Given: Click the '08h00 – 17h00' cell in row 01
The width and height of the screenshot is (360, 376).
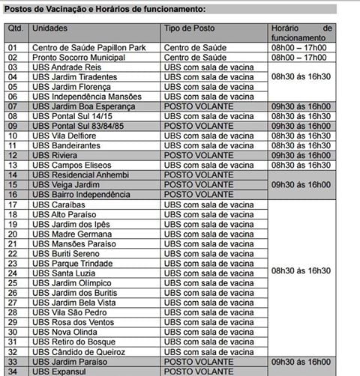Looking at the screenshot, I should coord(298,46).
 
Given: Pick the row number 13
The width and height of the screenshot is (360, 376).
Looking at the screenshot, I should coord(13,165).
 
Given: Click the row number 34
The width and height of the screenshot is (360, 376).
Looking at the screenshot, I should coord(13,370).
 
